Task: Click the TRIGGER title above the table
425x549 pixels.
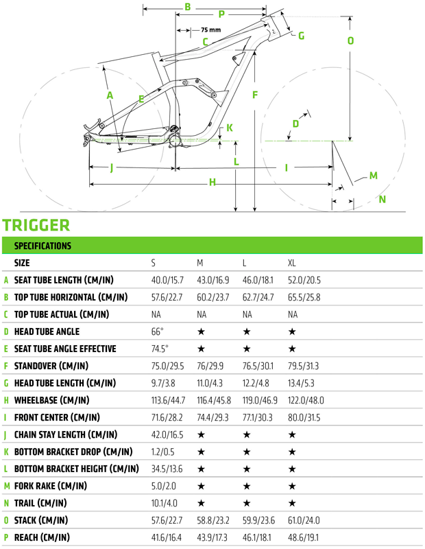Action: click(x=36, y=225)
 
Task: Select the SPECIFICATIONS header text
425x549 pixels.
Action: click(x=42, y=245)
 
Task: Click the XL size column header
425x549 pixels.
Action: click(x=292, y=263)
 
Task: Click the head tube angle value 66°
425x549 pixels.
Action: click(x=158, y=331)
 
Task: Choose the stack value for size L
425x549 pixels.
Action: click(x=258, y=520)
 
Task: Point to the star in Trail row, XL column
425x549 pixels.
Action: click(x=292, y=503)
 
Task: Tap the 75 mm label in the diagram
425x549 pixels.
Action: click(x=210, y=30)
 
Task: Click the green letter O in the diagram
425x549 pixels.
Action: click(x=350, y=40)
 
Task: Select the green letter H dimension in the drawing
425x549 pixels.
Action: click(x=212, y=182)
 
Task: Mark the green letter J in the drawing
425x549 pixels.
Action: click(x=111, y=167)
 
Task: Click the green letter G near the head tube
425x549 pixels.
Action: click(x=301, y=36)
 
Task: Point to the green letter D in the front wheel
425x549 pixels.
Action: click(x=295, y=124)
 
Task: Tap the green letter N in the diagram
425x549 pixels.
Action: click(x=382, y=200)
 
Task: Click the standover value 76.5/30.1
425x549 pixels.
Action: click(x=258, y=366)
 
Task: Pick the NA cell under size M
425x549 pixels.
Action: click(x=202, y=314)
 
